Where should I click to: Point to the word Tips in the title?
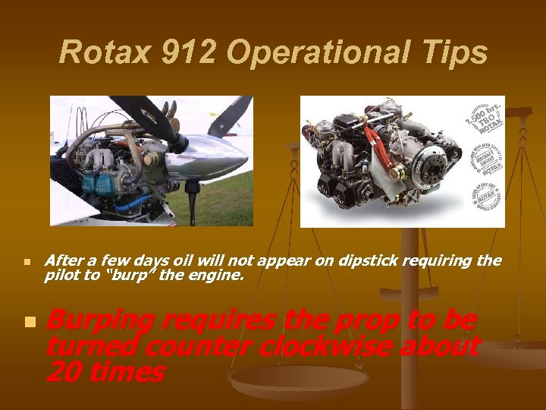(x=454, y=53)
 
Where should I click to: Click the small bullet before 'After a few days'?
(x=27, y=263)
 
